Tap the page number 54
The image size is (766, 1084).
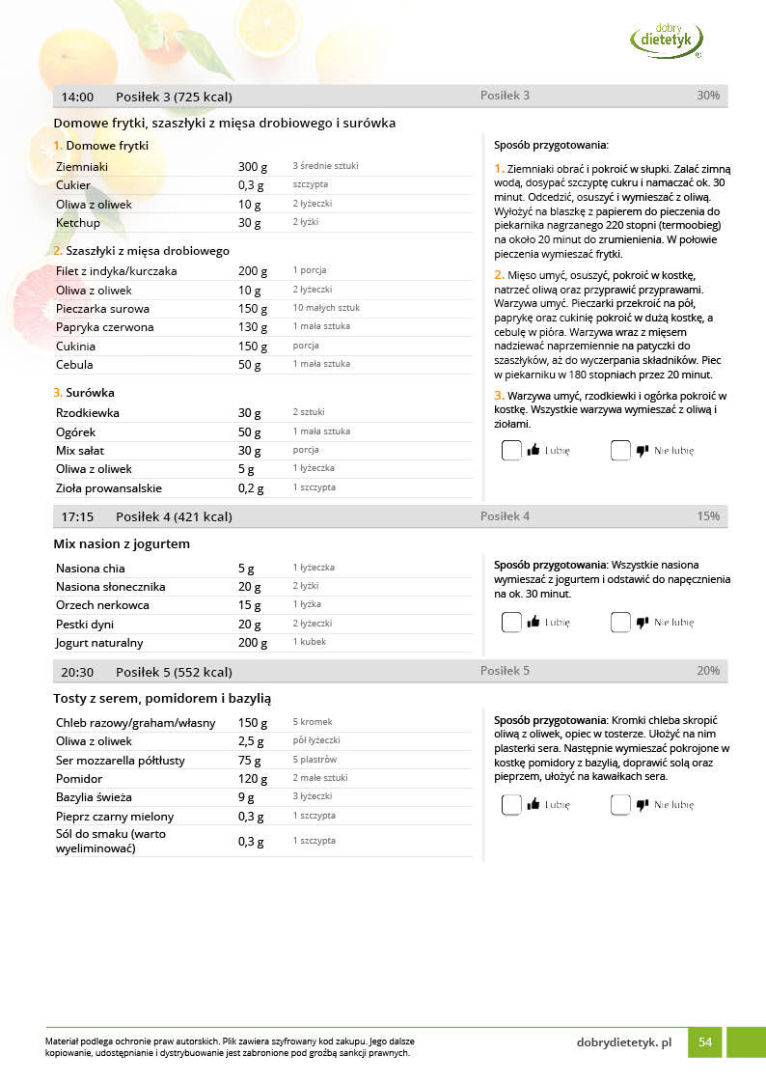pos(705,1042)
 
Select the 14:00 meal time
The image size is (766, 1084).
pos(77,97)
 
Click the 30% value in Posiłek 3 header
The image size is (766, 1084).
pos(708,96)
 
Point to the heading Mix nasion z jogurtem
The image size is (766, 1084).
pos(122,544)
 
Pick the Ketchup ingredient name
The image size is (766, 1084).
pos(78,223)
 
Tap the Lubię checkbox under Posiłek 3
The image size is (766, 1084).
pos(511,450)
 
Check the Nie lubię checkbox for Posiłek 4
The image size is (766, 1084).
pos(620,623)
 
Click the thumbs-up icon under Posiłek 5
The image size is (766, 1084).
pos(533,804)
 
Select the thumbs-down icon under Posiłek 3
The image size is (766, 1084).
pos(643,450)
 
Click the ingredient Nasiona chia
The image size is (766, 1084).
pos(91,568)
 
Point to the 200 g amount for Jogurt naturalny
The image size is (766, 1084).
pos(252,643)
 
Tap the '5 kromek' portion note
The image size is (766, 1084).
pos(313,722)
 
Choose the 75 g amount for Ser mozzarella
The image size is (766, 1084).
pos(248,761)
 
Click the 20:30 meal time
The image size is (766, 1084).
pos(77,672)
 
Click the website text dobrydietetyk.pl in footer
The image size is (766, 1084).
pos(623,1042)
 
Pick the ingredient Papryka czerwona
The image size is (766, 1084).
pos(104,327)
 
